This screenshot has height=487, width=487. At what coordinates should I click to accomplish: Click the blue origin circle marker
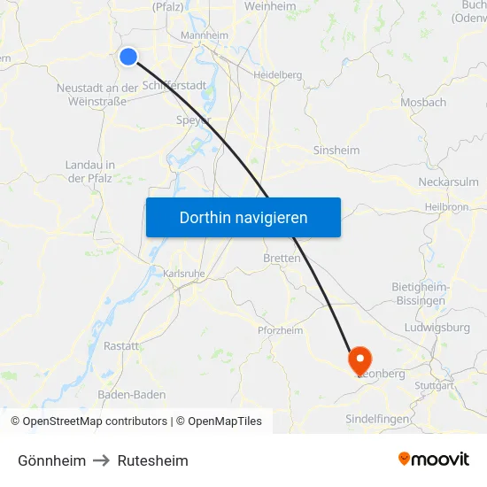(x=128, y=57)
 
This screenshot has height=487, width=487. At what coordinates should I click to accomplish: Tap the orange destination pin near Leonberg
(x=360, y=359)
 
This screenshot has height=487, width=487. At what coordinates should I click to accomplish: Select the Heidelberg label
(x=279, y=75)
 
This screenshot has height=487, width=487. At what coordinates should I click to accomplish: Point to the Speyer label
(x=193, y=120)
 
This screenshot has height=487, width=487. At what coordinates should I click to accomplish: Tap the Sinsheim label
(x=336, y=151)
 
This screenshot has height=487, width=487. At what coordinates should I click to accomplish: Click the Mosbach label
(x=423, y=103)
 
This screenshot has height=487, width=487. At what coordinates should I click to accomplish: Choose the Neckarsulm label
(x=448, y=182)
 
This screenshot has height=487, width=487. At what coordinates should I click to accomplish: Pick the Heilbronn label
(x=446, y=206)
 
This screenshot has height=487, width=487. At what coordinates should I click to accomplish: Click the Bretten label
(x=282, y=259)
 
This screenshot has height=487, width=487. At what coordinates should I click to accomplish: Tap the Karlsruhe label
(x=184, y=274)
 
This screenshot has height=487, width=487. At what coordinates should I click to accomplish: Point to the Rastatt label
(x=121, y=346)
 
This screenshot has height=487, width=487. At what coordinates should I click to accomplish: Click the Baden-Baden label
(x=131, y=394)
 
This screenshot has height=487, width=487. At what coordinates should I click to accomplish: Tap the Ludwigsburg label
(x=436, y=328)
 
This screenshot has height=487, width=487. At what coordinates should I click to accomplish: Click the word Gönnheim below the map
(x=52, y=460)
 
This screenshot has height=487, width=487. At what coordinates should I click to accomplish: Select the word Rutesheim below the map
(x=153, y=460)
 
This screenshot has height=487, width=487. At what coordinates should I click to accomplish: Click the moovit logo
(x=433, y=459)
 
